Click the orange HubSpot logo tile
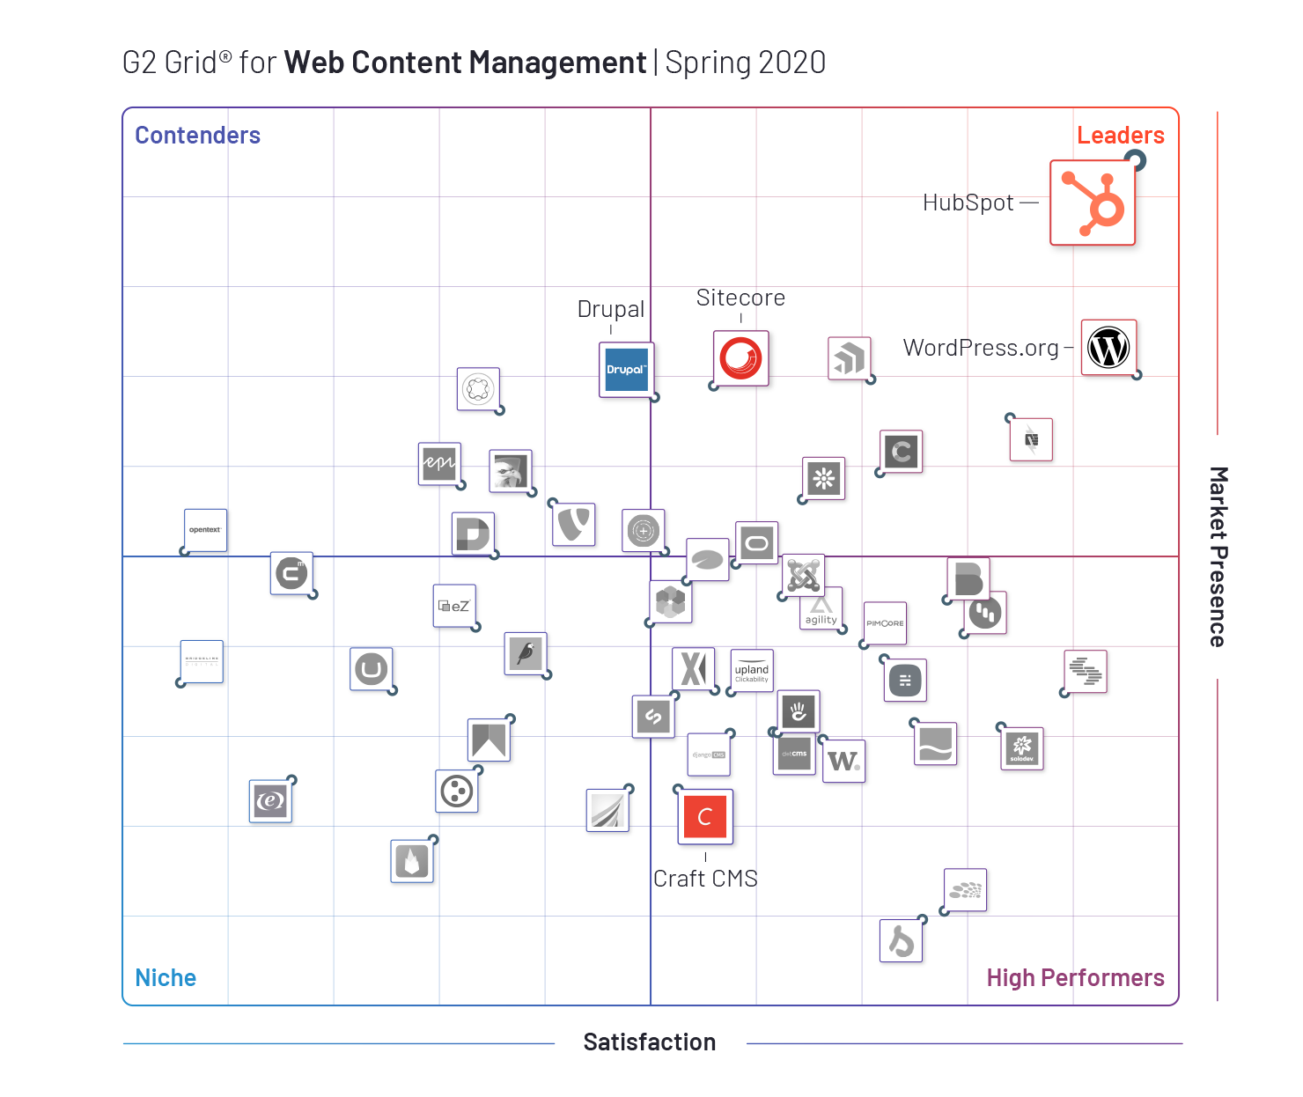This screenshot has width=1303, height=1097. [x=1093, y=202]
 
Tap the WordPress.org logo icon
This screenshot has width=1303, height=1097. [x=1108, y=347]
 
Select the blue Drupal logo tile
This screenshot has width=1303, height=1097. [x=626, y=370]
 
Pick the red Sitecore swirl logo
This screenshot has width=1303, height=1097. [x=740, y=358]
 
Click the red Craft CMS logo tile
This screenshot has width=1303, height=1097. [x=705, y=816]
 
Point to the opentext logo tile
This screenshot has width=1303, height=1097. [x=205, y=530]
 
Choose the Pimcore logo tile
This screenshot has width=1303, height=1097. [x=885, y=623]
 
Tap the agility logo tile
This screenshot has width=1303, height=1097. [x=821, y=608]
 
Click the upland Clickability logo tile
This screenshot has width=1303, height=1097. [x=752, y=671]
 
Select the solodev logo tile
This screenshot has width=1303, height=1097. [x=1022, y=748]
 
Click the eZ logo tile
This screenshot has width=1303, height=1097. [x=454, y=606]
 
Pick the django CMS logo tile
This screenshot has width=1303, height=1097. [x=709, y=755]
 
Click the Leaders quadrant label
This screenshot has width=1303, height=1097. [x=1120, y=136]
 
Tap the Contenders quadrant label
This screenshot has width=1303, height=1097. [x=197, y=136]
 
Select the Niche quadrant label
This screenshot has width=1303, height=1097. [x=166, y=978]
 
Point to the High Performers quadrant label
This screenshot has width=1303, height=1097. [x=1075, y=978]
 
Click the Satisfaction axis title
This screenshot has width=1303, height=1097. [x=650, y=1042]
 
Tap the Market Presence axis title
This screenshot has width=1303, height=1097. [x=1218, y=556]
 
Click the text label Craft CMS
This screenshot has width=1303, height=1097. [x=705, y=879]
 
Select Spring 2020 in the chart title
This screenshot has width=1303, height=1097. [x=746, y=63]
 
